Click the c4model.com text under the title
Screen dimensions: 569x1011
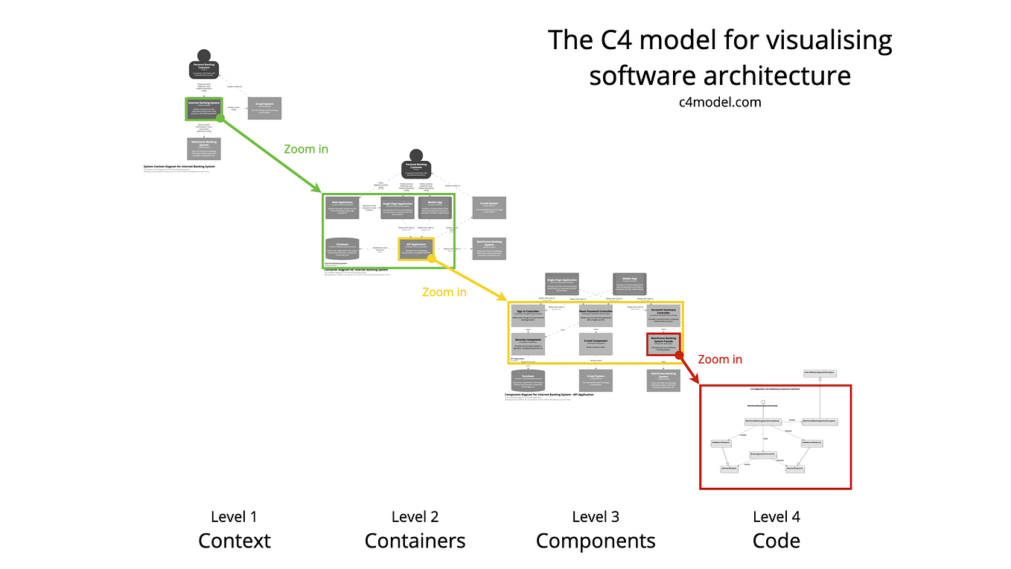click(720, 102)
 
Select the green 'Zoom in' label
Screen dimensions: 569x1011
click(306, 149)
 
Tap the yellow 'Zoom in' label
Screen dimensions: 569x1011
click(444, 292)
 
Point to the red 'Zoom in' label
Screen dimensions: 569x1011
click(720, 359)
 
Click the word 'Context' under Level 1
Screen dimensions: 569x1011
click(234, 541)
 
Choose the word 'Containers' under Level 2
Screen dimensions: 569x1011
click(415, 541)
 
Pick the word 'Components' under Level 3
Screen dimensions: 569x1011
click(596, 541)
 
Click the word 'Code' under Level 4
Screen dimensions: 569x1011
click(776, 541)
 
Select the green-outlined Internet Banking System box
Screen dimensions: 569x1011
click(204, 109)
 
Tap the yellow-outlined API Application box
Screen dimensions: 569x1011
click(415, 249)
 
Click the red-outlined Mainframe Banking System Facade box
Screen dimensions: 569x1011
click(663, 343)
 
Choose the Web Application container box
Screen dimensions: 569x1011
click(342, 208)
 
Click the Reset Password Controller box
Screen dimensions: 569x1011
click(596, 316)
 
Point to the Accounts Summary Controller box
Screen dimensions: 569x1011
click(663, 316)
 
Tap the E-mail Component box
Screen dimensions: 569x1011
click(596, 343)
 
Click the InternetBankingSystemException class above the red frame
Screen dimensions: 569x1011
click(820, 372)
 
